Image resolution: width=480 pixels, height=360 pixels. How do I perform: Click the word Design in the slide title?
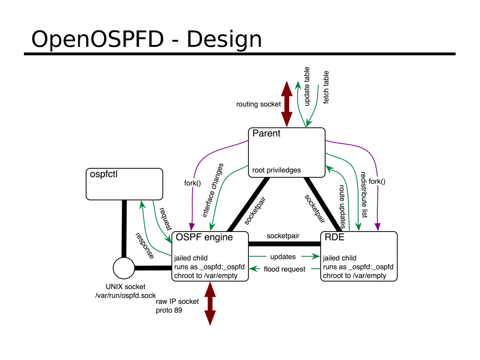[224, 39]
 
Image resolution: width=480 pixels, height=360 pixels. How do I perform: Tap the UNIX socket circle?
[124, 269]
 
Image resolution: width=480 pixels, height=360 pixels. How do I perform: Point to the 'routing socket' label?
[258, 104]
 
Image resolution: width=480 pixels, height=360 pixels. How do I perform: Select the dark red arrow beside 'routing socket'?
[286, 104]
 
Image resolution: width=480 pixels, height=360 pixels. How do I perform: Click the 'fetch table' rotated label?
[326, 87]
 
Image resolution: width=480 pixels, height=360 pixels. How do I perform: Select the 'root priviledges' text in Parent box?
[277, 170]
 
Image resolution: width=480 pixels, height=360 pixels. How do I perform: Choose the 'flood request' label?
[285, 269]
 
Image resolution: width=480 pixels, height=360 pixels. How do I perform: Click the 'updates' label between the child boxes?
[283, 257]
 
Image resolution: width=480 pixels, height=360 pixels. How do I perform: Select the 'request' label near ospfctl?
[166, 219]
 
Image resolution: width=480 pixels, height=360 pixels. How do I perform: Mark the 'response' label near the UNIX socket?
[144, 246]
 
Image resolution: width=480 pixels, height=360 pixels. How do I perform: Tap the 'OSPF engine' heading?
[204, 237]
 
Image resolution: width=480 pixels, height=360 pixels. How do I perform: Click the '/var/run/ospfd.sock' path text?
[125, 295]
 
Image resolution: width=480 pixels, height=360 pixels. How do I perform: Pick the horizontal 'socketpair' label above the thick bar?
[283, 236]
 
